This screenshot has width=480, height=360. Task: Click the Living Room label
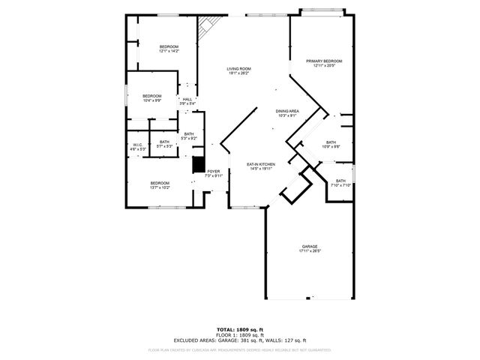tap(238, 69)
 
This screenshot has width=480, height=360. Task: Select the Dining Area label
tap(288, 111)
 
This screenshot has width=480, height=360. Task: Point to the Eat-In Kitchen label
tap(261, 164)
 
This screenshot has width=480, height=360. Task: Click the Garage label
tap(310, 247)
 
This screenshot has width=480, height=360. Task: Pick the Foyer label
tap(214, 172)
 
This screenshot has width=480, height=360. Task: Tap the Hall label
tap(187, 99)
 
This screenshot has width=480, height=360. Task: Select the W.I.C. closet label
tap(138, 145)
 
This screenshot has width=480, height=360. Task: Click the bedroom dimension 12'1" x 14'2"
tap(169, 51)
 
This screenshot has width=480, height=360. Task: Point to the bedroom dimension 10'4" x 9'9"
tap(152, 100)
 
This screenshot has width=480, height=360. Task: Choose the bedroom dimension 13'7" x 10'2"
tap(160, 187)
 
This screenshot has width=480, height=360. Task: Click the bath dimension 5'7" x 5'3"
tap(165, 146)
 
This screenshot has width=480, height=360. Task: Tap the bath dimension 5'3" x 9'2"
tap(189, 139)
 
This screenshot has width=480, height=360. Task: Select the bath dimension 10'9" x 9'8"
tap(331, 146)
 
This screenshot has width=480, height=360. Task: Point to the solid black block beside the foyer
tap(199, 165)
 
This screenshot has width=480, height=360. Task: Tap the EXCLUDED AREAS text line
tap(240, 340)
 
